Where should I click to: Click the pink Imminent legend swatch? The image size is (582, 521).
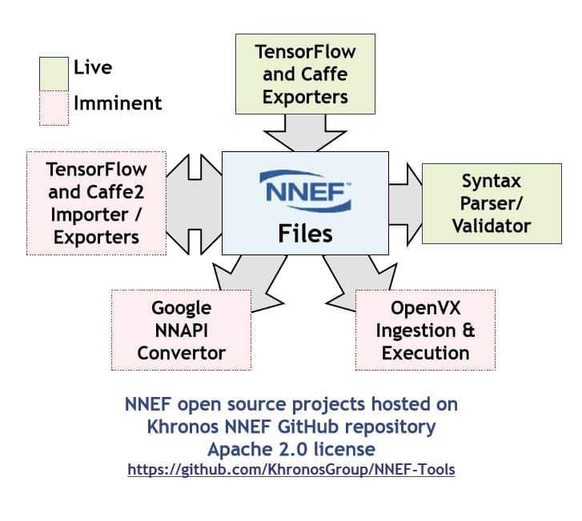tap(54, 107)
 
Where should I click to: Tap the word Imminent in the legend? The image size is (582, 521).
tap(118, 103)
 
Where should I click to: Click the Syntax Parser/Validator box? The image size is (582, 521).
tap(491, 203)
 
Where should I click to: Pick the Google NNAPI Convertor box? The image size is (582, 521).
tap(181, 330)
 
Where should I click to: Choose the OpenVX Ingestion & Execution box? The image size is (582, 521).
tap(425, 330)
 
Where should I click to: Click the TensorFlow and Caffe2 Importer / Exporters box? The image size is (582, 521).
tap(97, 202)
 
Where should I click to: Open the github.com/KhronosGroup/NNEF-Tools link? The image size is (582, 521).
tap(291, 470)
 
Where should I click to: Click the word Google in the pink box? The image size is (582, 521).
tap(181, 308)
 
